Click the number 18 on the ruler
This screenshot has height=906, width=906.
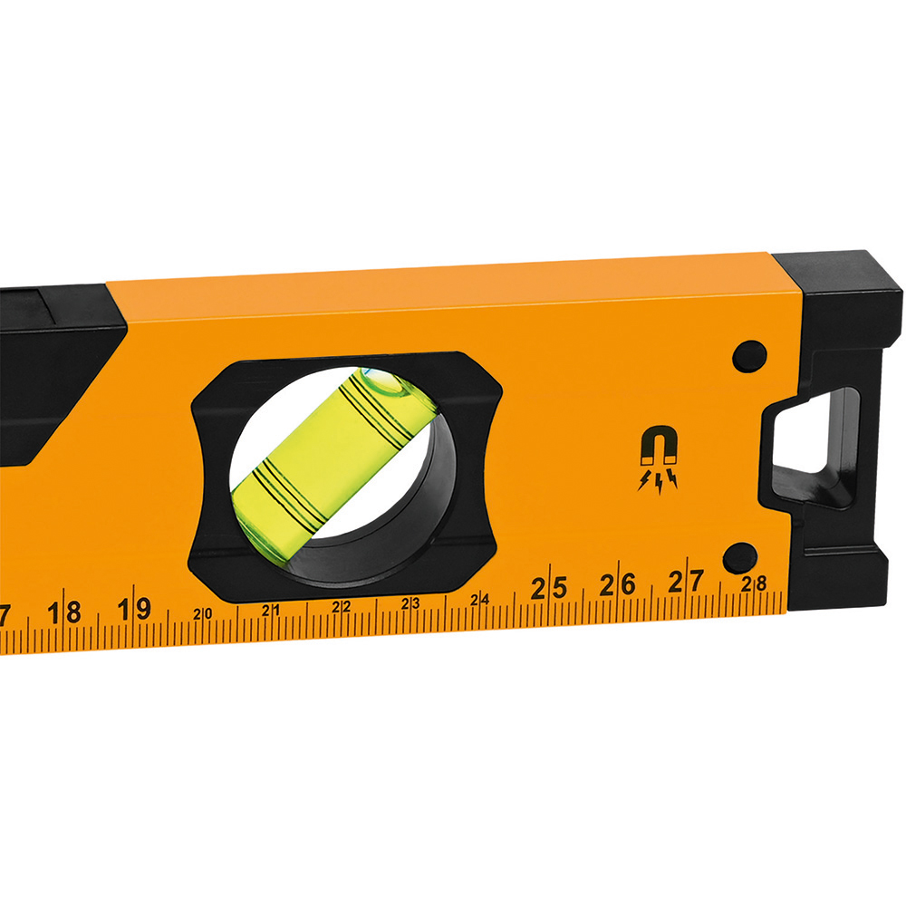pyautogui.click(x=64, y=613)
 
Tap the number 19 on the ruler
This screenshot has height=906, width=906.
pyautogui.click(x=134, y=610)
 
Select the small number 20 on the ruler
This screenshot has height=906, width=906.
pyautogui.click(x=203, y=614)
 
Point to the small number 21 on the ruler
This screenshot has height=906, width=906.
pyautogui.click(x=271, y=610)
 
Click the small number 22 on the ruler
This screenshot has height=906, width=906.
pyautogui.click(x=341, y=607)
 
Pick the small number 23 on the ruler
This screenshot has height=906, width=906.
pyautogui.click(x=410, y=603)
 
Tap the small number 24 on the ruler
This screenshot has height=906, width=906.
pyautogui.click(x=479, y=600)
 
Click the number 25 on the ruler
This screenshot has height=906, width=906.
pyautogui.click(x=549, y=588)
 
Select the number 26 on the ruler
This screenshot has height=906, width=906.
pyautogui.click(x=618, y=584)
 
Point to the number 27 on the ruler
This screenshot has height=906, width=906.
pyautogui.click(x=687, y=582)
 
